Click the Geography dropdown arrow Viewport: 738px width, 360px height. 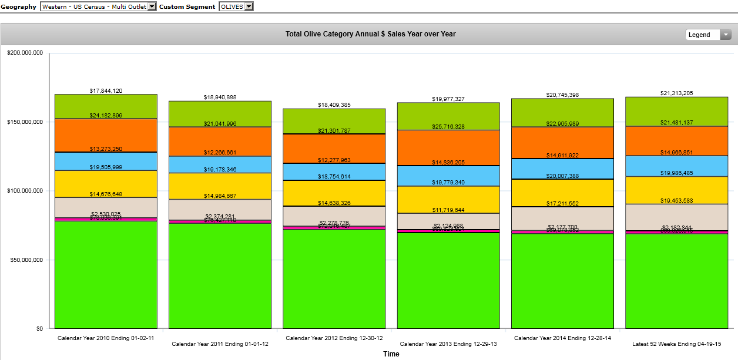pyautogui.click(x=152, y=6)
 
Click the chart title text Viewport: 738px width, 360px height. pyautogui.click(x=370, y=34)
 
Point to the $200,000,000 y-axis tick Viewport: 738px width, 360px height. pyautogui.click(x=25, y=53)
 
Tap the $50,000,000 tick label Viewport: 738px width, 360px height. pyautogui.click(x=26, y=260)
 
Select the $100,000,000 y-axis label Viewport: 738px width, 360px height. pyautogui.click(x=25, y=191)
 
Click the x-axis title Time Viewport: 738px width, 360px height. pyautogui.click(x=391, y=354)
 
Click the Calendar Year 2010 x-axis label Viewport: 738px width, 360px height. pyautogui.click(x=106, y=338)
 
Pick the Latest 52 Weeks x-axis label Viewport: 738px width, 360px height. pyautogui.click(x=676, y=344)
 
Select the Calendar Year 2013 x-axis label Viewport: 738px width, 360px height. pyautogui.click(x=448, y=344)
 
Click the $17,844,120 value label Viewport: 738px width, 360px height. pyautogui.click(x=106, y=91)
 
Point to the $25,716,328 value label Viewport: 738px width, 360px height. pyautogui.click(x=448, y=127)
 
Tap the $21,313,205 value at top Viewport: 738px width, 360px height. pyautogui.click(x=676, y=93)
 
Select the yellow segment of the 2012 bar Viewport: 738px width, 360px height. pyautogui.click(x=334, y=194)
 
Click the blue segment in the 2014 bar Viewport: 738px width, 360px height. pyautogui.click(x=562, y=169)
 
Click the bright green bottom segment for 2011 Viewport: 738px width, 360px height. pyautogui.click(x=220, y=276)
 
